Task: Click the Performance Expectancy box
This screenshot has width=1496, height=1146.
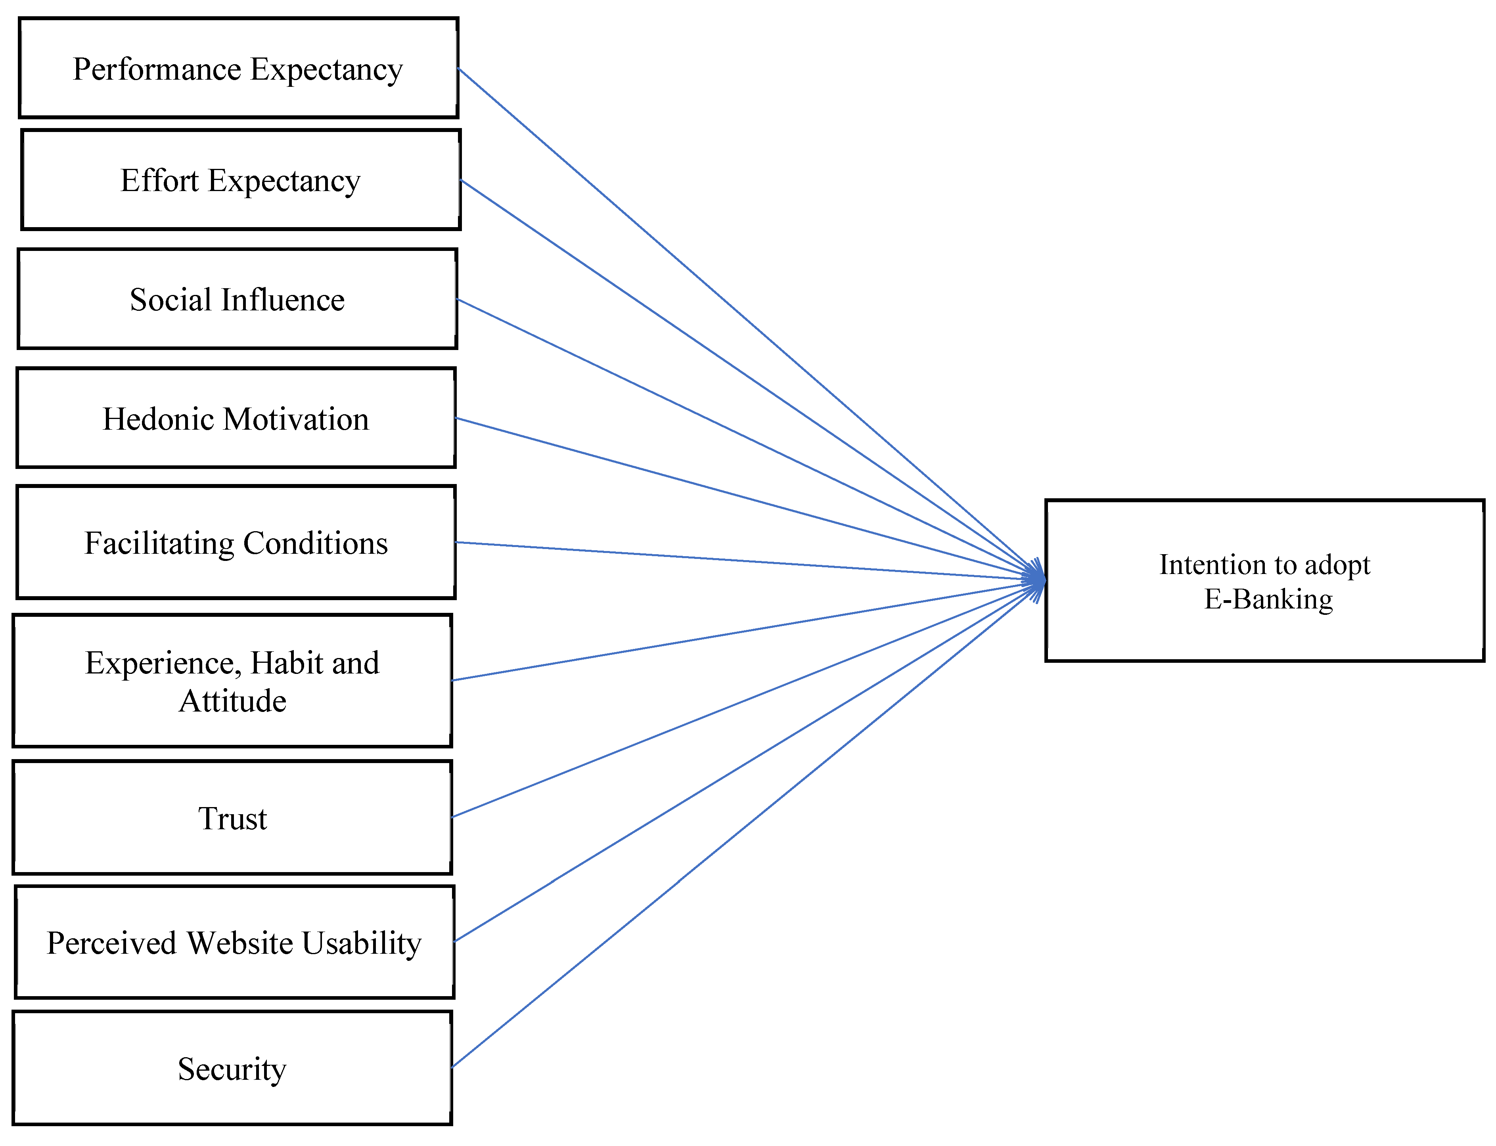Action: [x=238, y=68]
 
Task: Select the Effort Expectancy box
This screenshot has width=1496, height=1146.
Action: [x=241, y=180]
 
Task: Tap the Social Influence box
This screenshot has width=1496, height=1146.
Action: [x=237, y=299]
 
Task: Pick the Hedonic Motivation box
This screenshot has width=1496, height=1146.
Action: [x=236, y=418]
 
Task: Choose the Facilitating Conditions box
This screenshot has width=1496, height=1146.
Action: [x=236, y=542]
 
